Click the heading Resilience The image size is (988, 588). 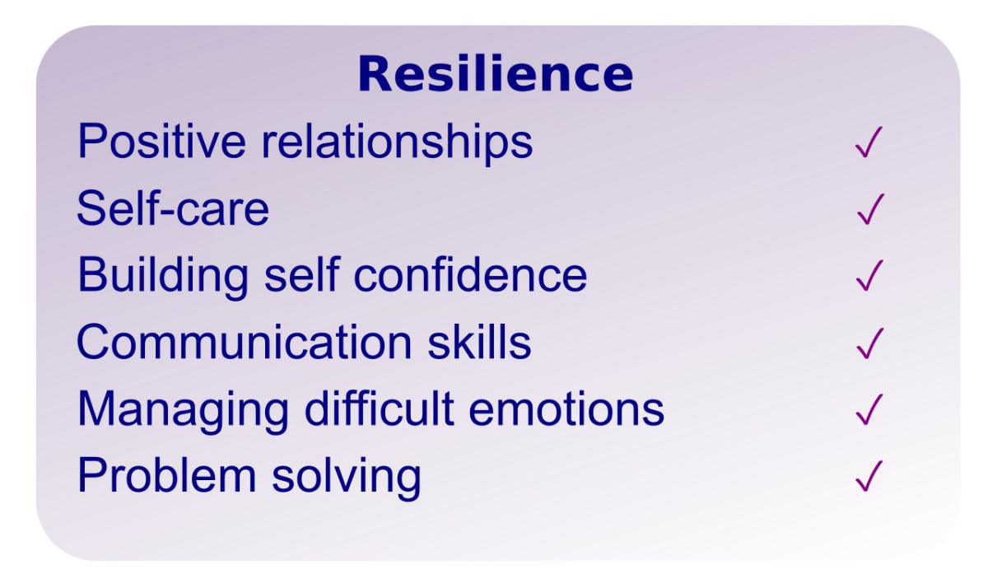[x=496, y=75]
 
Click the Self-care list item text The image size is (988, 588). [x=173, y=210]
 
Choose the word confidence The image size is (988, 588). [x=481, y=276]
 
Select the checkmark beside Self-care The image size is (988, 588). [x=869, y=210]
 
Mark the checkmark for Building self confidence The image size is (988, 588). [x=869, y=277]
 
